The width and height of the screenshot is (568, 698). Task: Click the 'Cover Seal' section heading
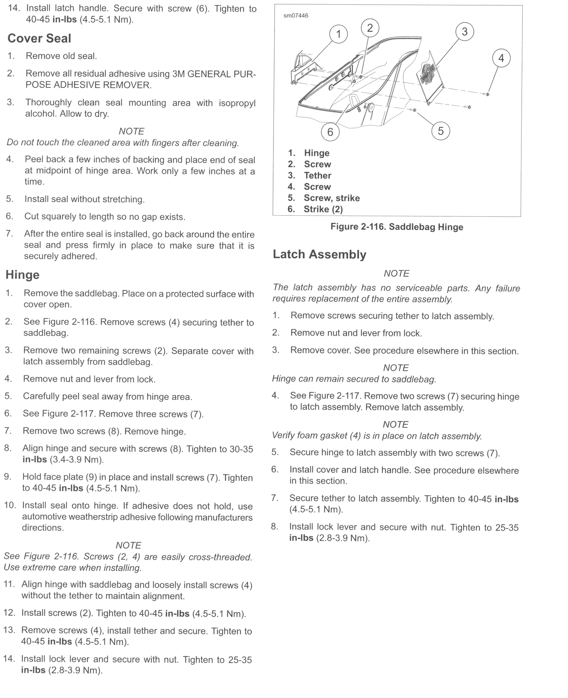(39, 38)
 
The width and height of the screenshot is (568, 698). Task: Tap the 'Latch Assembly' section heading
(319, 254)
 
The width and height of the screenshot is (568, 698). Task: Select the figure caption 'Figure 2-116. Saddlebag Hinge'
(397, 227)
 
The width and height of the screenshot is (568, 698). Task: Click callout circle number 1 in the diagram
(338, 34)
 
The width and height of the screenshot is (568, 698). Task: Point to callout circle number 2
(370, 28)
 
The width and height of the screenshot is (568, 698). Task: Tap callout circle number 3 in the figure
(465, 32)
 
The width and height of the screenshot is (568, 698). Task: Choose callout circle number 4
(501, 58)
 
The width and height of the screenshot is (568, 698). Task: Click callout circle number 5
(440, 131)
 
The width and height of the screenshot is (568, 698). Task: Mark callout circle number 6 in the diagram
(330, 132)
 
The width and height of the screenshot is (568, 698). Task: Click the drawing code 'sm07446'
(296, 16)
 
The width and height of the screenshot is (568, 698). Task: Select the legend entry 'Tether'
(317, 175)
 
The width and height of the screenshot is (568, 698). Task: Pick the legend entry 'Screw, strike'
(331, 198)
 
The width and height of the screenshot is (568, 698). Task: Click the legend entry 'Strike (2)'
(323, 209)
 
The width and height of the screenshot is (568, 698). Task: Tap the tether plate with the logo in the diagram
(430, 77)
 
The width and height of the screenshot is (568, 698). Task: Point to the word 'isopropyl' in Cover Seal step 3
(237, 103)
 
